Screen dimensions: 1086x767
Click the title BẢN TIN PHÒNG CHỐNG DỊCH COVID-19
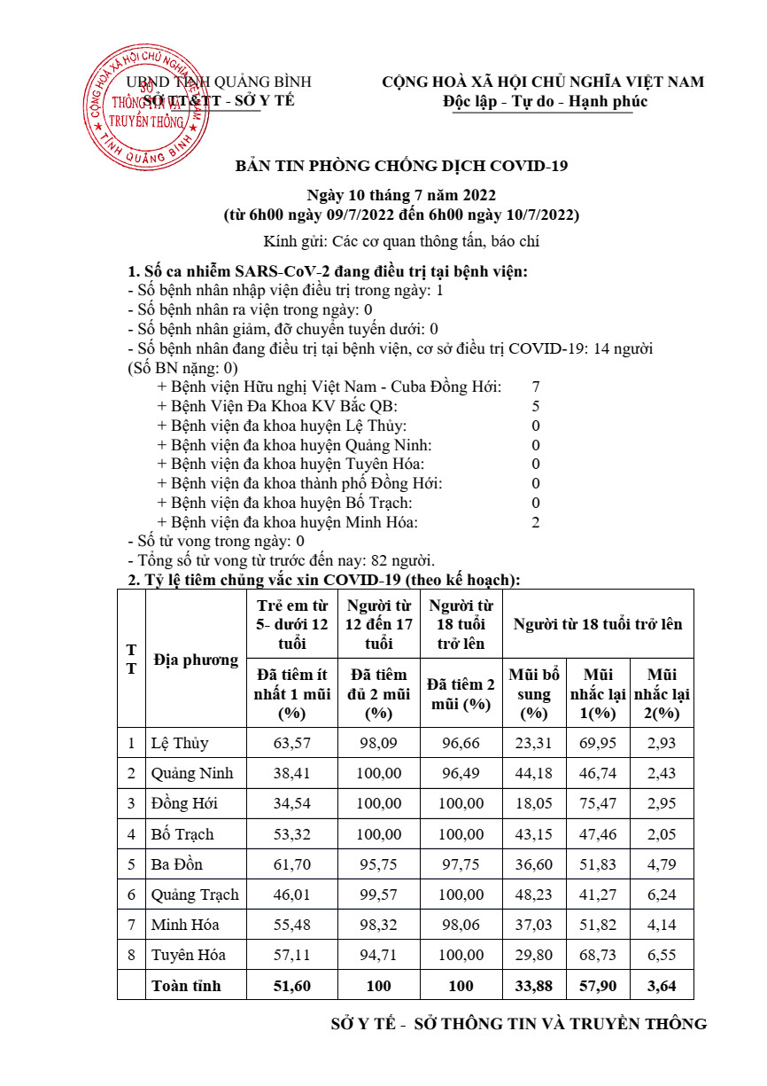401,166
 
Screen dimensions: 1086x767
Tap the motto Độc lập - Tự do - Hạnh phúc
546,101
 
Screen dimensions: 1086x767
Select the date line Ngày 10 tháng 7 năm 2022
401,195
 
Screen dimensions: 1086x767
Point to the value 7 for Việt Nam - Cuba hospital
536,387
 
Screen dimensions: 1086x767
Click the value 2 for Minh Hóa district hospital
536,522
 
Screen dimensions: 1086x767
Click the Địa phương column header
196,660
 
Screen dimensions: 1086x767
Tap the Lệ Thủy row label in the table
180,743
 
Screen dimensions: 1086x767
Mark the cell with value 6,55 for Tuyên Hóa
662,955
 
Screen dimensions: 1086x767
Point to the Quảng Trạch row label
195,895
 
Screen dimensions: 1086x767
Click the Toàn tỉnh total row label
186,985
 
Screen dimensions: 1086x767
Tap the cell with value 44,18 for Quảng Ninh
533,773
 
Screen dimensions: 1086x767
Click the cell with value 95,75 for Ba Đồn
378,864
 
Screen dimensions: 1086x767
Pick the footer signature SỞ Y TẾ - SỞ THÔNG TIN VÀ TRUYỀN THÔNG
518,1024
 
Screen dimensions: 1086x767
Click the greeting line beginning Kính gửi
401,241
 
